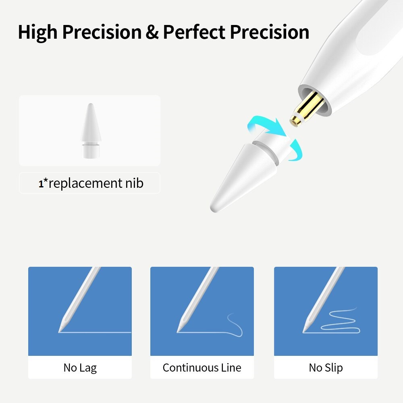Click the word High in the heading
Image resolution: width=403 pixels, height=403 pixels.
[38, 32]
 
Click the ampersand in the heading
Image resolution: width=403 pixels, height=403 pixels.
[152, 32]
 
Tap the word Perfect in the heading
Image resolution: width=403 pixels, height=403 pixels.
[194, 32]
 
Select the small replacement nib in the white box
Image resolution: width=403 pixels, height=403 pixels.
[90, 131]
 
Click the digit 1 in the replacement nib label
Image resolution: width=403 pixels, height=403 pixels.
[41, 184]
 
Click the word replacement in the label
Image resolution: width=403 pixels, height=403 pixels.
[85, 184]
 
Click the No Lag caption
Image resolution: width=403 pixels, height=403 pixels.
[80, 368]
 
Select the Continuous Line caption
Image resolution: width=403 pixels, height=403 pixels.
[202, 368]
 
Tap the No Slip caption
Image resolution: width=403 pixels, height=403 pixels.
[326, 368]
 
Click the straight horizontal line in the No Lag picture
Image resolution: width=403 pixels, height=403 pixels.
[95, 332]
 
